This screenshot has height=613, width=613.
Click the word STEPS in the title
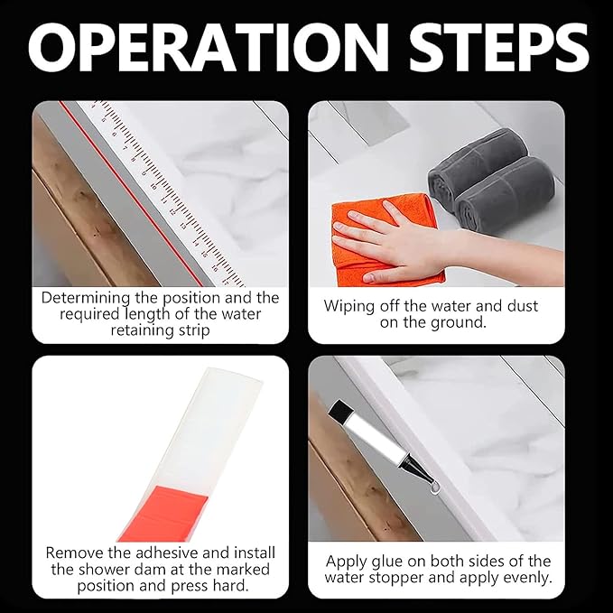(x=499, y=48)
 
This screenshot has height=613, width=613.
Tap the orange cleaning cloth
(x=385, y=238)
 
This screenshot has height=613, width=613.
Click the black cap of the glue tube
(x=340, y=410)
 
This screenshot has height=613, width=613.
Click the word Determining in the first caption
(x=86, y=298)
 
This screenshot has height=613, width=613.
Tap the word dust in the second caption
(x=523, y=306)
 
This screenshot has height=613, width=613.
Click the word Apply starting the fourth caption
(x=346, y=562)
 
